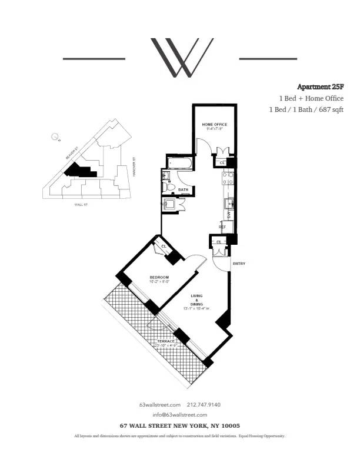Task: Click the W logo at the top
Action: coord(180,58)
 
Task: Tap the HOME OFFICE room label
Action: coord(214,125)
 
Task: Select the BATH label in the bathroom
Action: coord(183,189)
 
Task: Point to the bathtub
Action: coord(178,163)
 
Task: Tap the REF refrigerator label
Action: coord(222,227)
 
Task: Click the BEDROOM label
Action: coord(159,277)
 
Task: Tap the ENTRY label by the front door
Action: coord(239,263)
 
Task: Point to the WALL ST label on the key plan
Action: coord(81,204)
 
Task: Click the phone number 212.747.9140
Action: coord(204,404)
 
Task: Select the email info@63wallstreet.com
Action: coord(179,414)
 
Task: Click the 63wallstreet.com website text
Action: coord(158,404)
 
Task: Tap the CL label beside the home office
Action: coord(222,163)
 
